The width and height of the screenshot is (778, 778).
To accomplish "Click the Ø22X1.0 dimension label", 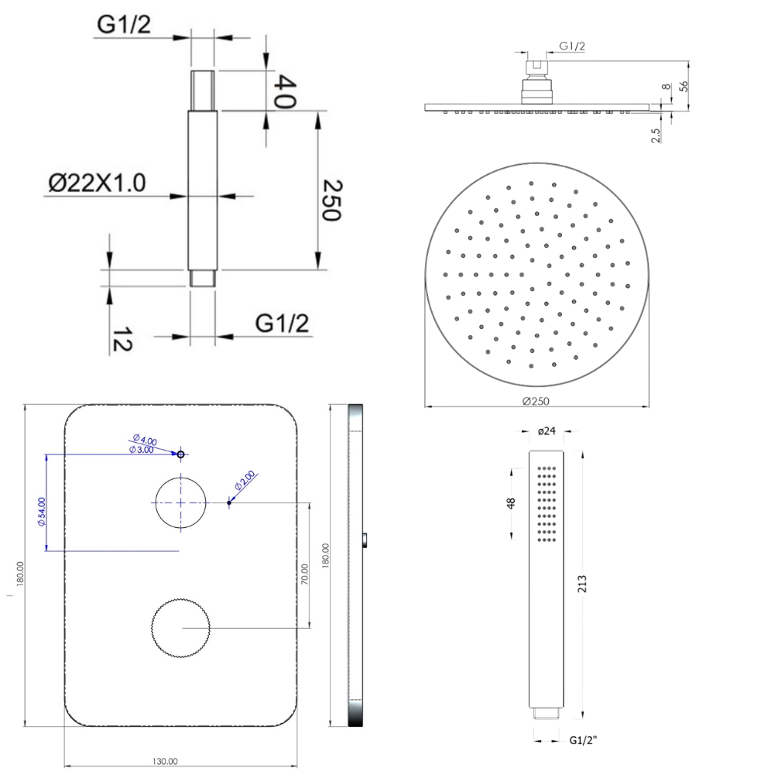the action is coord(98,183).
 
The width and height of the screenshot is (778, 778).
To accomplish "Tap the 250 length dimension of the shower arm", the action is coord(332,200).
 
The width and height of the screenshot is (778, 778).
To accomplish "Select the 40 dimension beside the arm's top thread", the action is coord(286,91).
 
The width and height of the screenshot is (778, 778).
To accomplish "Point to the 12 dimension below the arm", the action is coord(122,339).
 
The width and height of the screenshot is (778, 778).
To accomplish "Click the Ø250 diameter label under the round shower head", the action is coord(536,401).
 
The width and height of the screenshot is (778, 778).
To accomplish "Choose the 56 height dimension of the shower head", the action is coord(684,86).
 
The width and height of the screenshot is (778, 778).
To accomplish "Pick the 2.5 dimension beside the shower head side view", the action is coord(656,135).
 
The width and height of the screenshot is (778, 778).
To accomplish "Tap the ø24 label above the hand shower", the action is coord(547,431).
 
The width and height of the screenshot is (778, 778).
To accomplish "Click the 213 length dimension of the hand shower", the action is coord(581,584).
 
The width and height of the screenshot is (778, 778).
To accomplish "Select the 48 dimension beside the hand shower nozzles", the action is coord(511,503).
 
